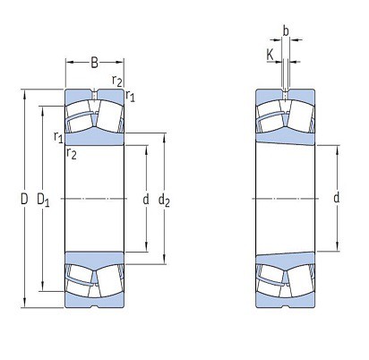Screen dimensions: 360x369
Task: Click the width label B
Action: click(94, 63)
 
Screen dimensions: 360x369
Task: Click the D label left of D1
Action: click(24, 198)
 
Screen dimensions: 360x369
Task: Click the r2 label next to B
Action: click(116, 81)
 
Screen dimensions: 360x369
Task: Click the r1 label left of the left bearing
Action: click(57, 137)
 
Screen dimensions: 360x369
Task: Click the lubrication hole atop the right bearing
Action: click(285, 93)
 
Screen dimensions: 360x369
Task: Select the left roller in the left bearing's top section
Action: click(82, 116)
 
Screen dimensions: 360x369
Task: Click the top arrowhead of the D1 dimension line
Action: click(42, 108)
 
